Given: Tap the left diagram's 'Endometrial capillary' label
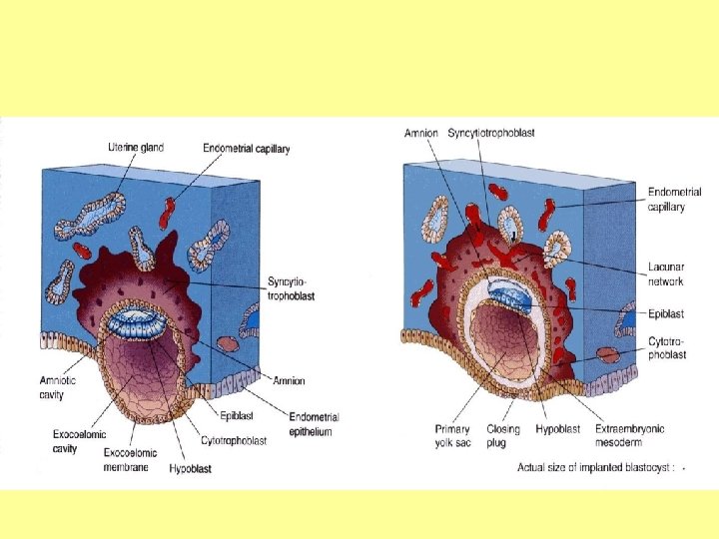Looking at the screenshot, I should coord(246,149).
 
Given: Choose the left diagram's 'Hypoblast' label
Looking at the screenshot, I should coord(190,466).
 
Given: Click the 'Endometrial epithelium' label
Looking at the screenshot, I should coord(313,424).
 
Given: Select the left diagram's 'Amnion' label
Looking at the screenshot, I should coord(289,380).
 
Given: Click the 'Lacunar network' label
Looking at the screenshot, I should coord(666,274).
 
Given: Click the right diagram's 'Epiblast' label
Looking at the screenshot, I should coord(666,313).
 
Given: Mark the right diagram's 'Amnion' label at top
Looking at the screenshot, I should coord(420,133).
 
